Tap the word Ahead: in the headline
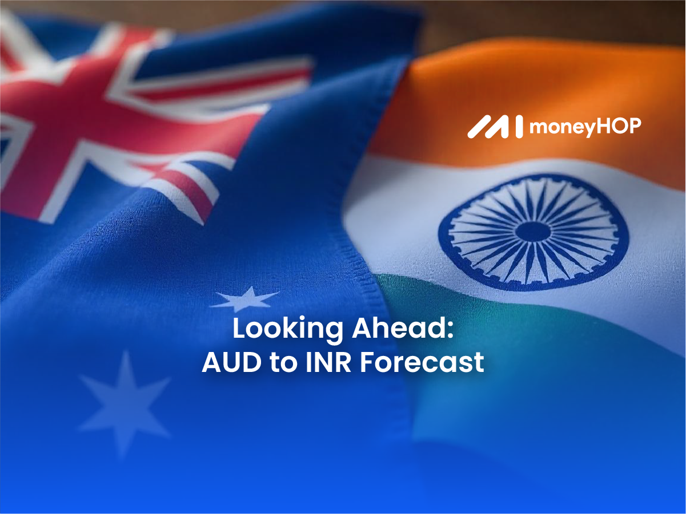pos(403,328)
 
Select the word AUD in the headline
pos(231,362)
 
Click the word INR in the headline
pos(328,362)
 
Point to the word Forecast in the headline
pos(422,362)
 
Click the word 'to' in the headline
pos(283,363)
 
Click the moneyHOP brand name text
pos(585,127)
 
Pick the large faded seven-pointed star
pos(125,406)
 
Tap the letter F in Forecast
pos(368,362)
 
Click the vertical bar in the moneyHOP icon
pos(519,127)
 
